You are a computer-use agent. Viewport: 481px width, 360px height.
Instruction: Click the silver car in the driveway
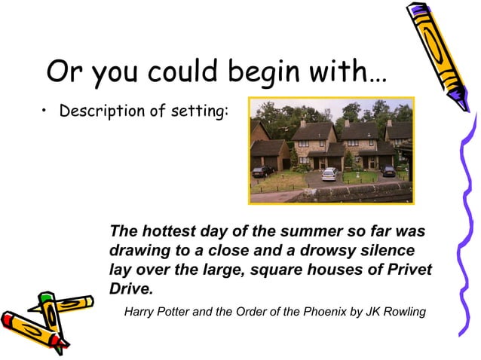pos(329,175)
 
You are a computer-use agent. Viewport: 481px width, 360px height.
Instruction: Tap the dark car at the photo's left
pos(263,171)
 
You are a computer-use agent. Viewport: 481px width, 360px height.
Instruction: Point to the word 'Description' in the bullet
pos(97,112)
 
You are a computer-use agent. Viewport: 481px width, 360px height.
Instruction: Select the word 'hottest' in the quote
pos(170,230)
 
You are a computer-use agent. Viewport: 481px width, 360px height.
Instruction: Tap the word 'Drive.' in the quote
pos(131,289)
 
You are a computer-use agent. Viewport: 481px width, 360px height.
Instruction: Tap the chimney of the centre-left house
pos(302,122)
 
